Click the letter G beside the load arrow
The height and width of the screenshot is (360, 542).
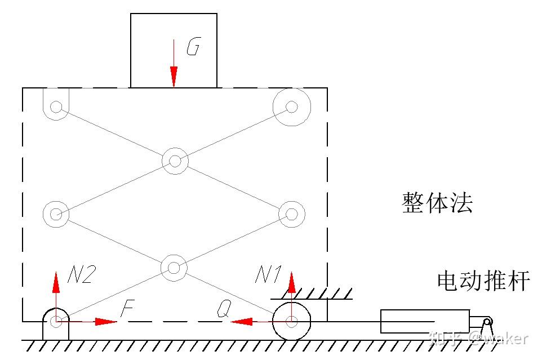[x=193, y=48]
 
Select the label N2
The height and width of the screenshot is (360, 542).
[x=82, y=274]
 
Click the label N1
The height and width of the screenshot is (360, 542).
[x=268, y=275]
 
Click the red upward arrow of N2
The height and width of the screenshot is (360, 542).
[x=56, y=282]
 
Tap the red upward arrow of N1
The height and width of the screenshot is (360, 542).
[x=291, y=282]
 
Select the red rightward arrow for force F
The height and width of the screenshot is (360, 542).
[x=104, y=322]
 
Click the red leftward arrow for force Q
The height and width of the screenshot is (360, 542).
[x=242, y=322]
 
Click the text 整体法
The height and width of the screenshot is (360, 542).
[x=437, y=202]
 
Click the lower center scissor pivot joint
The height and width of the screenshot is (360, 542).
[x=174, y=266]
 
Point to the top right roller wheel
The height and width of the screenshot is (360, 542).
[x=291, y=106]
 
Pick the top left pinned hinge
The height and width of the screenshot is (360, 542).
[x=56, y=106]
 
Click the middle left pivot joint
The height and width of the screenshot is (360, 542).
[x=56, y=214]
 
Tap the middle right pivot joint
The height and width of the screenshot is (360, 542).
[x=291, y=214]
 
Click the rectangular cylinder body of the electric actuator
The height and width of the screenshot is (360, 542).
[x=425, y=321]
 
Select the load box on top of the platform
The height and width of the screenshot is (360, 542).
[x=174, y=51]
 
